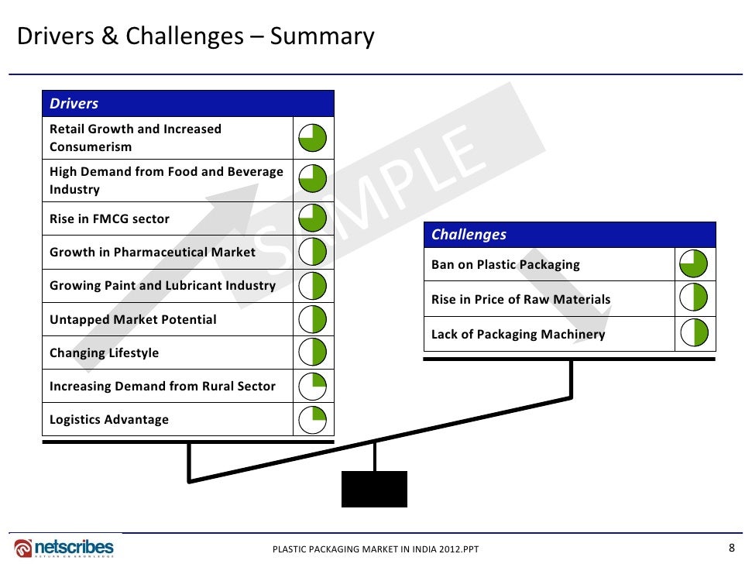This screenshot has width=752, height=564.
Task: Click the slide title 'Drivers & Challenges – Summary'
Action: click(195, 36)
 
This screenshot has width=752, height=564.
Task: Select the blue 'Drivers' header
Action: click(187, 104)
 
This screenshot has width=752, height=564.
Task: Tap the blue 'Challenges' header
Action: click(569, 235)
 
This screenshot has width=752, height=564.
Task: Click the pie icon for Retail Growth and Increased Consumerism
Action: click(313, 138)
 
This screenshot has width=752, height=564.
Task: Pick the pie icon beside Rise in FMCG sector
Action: click(313, 218)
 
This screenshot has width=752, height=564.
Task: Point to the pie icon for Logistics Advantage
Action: click(313, 419)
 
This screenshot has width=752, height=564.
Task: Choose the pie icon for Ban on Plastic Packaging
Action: click(695, 264)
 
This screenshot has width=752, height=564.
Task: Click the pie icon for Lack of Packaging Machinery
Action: click(695, 334)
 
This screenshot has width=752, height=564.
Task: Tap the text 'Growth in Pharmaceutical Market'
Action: click(153, 253)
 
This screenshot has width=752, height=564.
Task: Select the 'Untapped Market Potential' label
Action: click(133, 319)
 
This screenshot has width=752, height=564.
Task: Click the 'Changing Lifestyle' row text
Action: click(105, 352)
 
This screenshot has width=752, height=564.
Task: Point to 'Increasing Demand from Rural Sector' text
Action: click(163, 386)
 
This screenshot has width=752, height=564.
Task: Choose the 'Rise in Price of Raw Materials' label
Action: click(521, 299)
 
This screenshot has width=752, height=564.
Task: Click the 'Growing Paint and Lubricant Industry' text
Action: click(163, 286)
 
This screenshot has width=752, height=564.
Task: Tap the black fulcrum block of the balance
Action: click(374, 489)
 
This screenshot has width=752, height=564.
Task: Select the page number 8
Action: click(731, 546)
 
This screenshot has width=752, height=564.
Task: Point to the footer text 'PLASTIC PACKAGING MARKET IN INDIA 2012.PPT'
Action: click(376, 550)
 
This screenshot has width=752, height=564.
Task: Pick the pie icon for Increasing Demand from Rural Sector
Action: click(313, 386)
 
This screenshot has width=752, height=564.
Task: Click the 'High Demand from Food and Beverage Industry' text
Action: click(167, 181)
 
